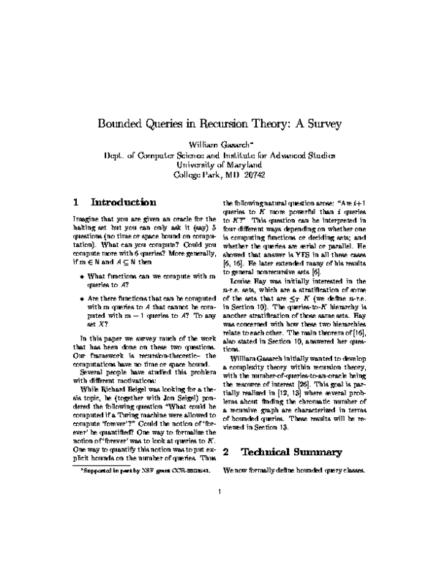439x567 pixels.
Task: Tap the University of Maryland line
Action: [x=219, y=165]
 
